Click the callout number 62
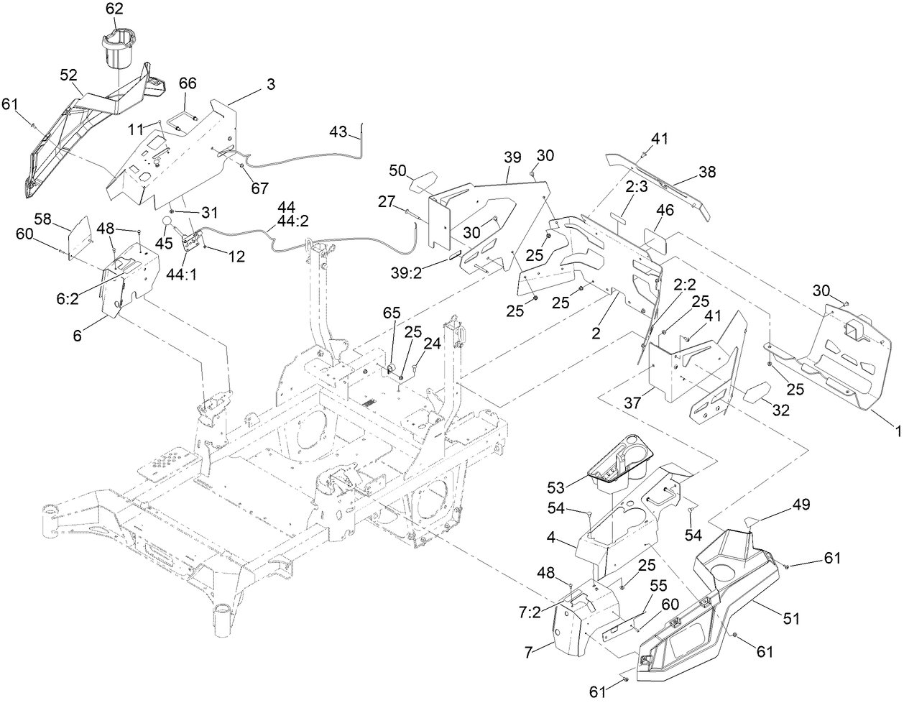[x=114, y=9]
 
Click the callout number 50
[x=399, y=170]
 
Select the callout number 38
[x=708, y=173]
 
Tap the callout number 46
[x=665, y=211]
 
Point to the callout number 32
[x=780, y=411]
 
